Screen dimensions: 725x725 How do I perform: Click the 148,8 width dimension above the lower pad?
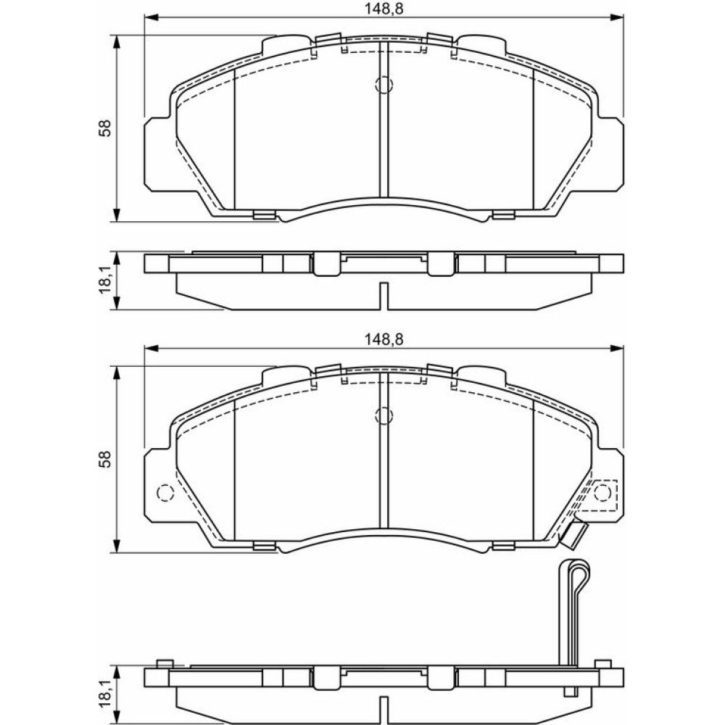tap(384, 339)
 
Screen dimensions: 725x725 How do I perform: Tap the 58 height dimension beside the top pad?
tap(106, 128)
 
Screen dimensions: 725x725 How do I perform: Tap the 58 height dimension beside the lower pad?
tap(106, 459)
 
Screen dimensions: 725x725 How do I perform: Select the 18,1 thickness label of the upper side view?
tap(107, 280)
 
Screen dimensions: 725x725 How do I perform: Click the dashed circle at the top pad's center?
tap(384, 84)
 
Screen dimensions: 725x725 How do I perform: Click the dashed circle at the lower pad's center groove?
tap(384, 415)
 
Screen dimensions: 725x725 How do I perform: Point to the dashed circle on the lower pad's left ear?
tap(165, 493)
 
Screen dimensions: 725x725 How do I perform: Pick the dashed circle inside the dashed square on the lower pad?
tap(602, 493)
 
